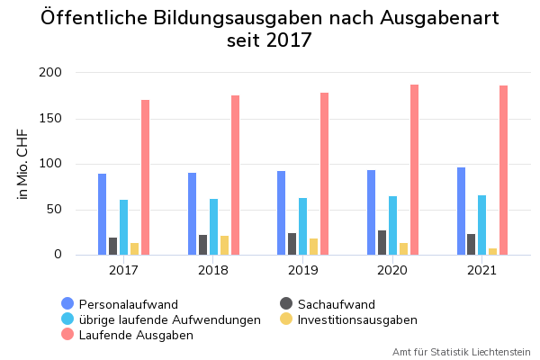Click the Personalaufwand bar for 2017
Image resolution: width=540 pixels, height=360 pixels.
[x=103, y=214]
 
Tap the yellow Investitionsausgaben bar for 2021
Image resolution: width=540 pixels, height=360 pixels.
[x=493, y=251]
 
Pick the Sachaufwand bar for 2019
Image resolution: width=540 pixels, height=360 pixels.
[x=292, y=244]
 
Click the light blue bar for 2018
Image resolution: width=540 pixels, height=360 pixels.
[x=213, y=227]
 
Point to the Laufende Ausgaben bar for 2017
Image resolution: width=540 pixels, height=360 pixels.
[x=145, y=177]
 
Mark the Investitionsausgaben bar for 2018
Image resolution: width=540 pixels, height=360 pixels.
[x=224, y=245]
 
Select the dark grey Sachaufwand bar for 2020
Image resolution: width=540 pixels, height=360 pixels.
[x=382, y=243]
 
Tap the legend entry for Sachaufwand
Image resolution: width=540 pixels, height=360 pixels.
[x=336, y=304]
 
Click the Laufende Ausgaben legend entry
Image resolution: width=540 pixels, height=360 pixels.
[x=136, y=335]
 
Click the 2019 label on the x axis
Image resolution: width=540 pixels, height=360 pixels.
[x=302, y=269]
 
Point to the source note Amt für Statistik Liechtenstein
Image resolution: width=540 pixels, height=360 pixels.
[x=461, y=352]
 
